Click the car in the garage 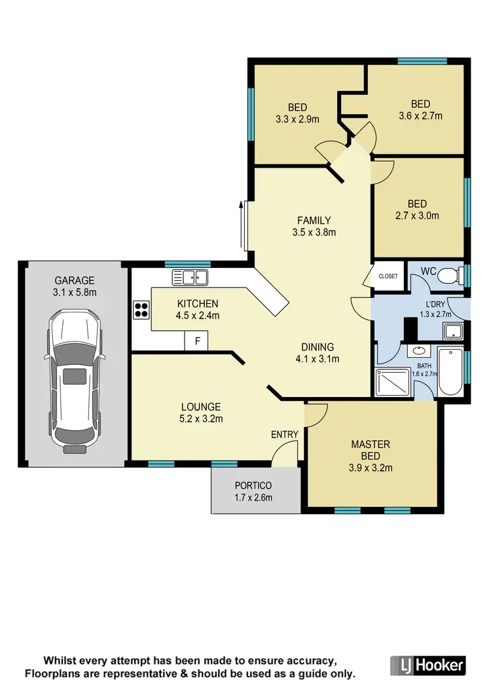pos(74,383)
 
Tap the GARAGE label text pos(75,280)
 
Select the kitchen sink pos(190,277)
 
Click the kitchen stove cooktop pos(141,309)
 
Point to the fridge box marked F pos(196,341)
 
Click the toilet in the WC pos(450,274)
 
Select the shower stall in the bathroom pos(391,382)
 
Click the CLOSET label pos(388,276)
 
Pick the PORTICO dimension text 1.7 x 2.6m pos(253,497)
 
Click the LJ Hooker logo pos(428,666)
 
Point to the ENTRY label pos(285,434)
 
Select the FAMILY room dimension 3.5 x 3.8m pos(314,232)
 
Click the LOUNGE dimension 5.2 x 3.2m pos(202,419)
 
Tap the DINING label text pos(317,347)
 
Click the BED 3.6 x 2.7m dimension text pos(420,116)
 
